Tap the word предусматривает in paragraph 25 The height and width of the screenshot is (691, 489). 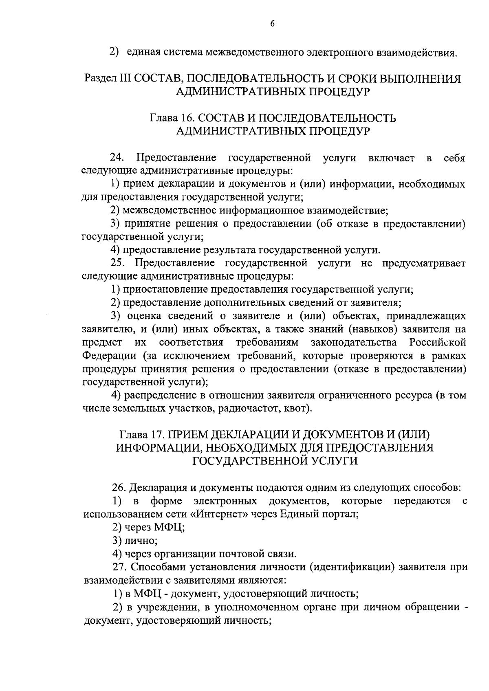[x=423, y=263]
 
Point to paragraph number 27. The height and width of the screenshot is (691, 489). [x=119, y=567]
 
